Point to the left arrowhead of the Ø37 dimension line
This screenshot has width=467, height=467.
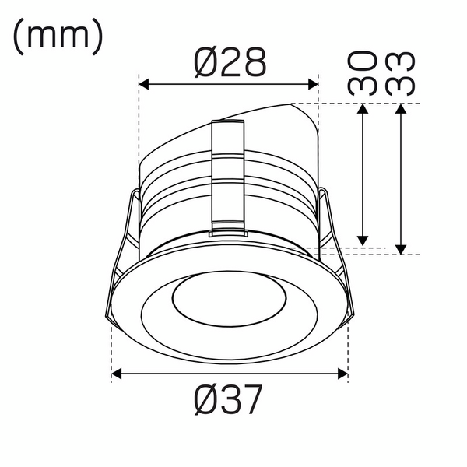point(118,375)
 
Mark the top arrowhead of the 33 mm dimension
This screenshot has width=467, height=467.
point(400,109)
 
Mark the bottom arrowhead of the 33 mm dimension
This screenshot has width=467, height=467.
point(400,248)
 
